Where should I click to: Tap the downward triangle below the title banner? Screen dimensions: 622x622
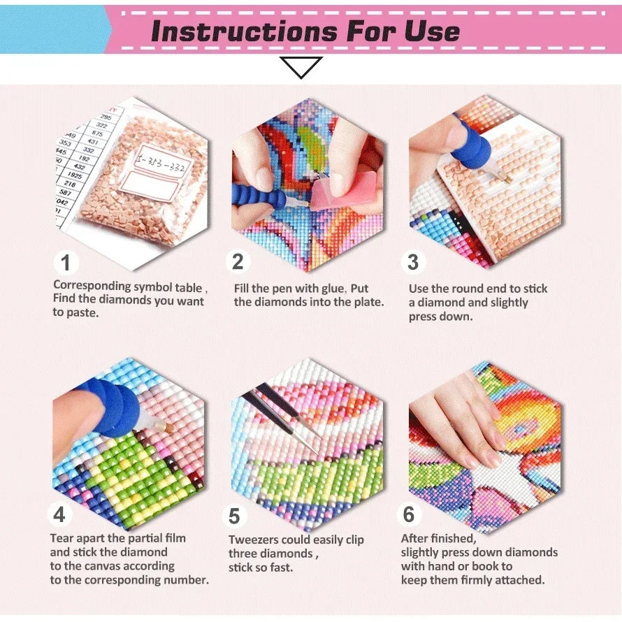(x=301, y=67)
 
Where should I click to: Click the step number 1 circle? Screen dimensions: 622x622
(x=66, y=263)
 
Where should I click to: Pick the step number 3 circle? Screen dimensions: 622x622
(x=413, y=262)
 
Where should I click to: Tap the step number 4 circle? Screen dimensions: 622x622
(x=59, y=515)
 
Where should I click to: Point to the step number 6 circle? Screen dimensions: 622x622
(x=409, y=515)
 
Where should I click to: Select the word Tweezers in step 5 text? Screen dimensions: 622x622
(x=256, y=540)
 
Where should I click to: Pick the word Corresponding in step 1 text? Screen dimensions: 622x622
(x=92, y=286)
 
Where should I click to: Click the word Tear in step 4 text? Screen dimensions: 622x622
(x=62, y=538)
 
